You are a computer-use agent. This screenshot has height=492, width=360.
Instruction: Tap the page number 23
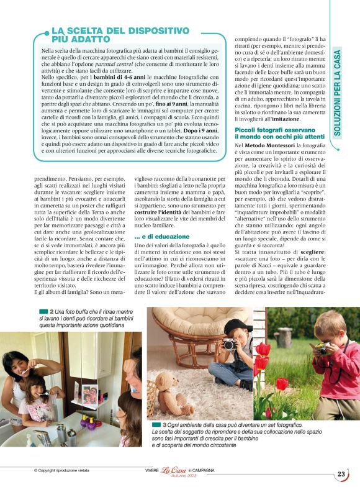click(341, 474)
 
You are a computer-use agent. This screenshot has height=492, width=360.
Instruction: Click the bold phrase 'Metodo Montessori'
click(271, 145)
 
